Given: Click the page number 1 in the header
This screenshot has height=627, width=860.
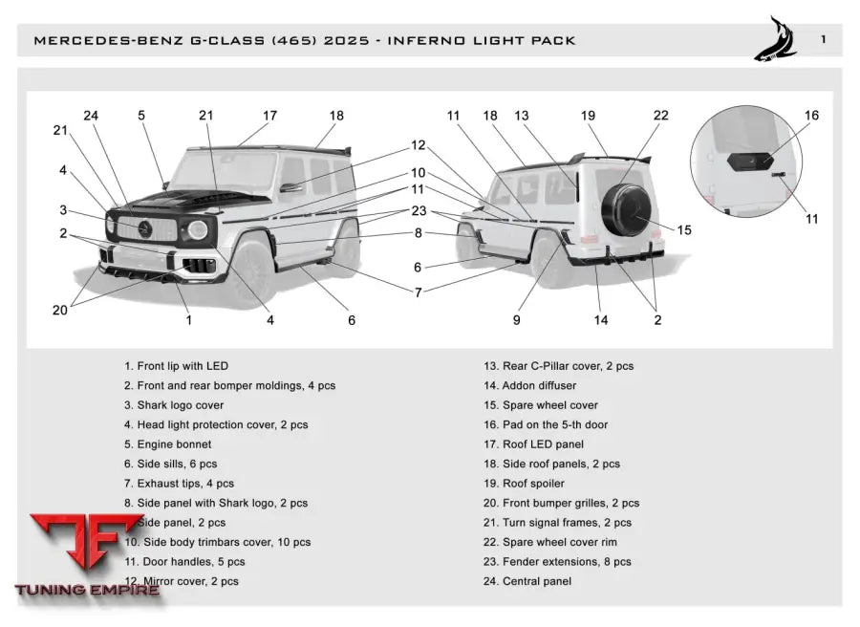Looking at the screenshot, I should [823, 39].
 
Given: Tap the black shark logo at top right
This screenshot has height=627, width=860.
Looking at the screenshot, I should [776, 39].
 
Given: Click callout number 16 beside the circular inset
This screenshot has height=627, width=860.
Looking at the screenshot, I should [811, 116].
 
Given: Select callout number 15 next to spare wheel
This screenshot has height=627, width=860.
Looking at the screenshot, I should [684, 229].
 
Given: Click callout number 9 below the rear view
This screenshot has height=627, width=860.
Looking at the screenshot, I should [517, 320].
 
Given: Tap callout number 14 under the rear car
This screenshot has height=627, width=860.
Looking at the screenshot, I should [601, 320].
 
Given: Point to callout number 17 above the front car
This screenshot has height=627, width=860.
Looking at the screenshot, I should [270, 116].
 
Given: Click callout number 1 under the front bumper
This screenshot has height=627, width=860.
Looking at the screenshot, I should [188, 320].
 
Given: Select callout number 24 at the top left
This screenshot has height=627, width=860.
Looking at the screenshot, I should [91, 116].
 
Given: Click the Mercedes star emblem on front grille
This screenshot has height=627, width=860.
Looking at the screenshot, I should [146, 227].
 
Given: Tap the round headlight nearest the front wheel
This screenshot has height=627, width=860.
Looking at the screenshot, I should [198, 229].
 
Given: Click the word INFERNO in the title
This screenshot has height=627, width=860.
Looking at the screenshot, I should [454, 41].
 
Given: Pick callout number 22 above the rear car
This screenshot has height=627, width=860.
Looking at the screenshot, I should [661, 116].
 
